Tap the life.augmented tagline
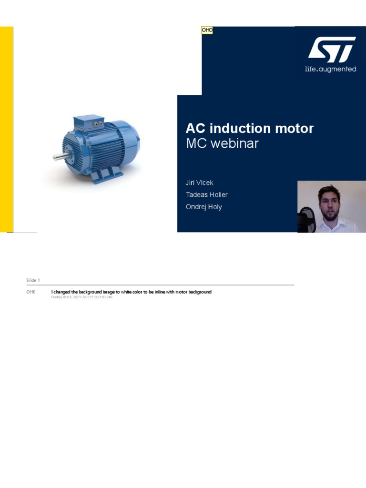click(330, 69)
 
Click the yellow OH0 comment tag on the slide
click(207, 30)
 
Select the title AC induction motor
click(250, 128)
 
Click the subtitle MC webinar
click(222, 143)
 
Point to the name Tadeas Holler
click(206, 194)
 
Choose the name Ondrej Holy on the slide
click(203, 207)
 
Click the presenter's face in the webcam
click(329, 204)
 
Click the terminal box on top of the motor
click(89, 123)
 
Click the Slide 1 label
click(33, 280)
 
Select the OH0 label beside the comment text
click(31, 292)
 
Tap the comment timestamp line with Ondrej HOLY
click(81, 297)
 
